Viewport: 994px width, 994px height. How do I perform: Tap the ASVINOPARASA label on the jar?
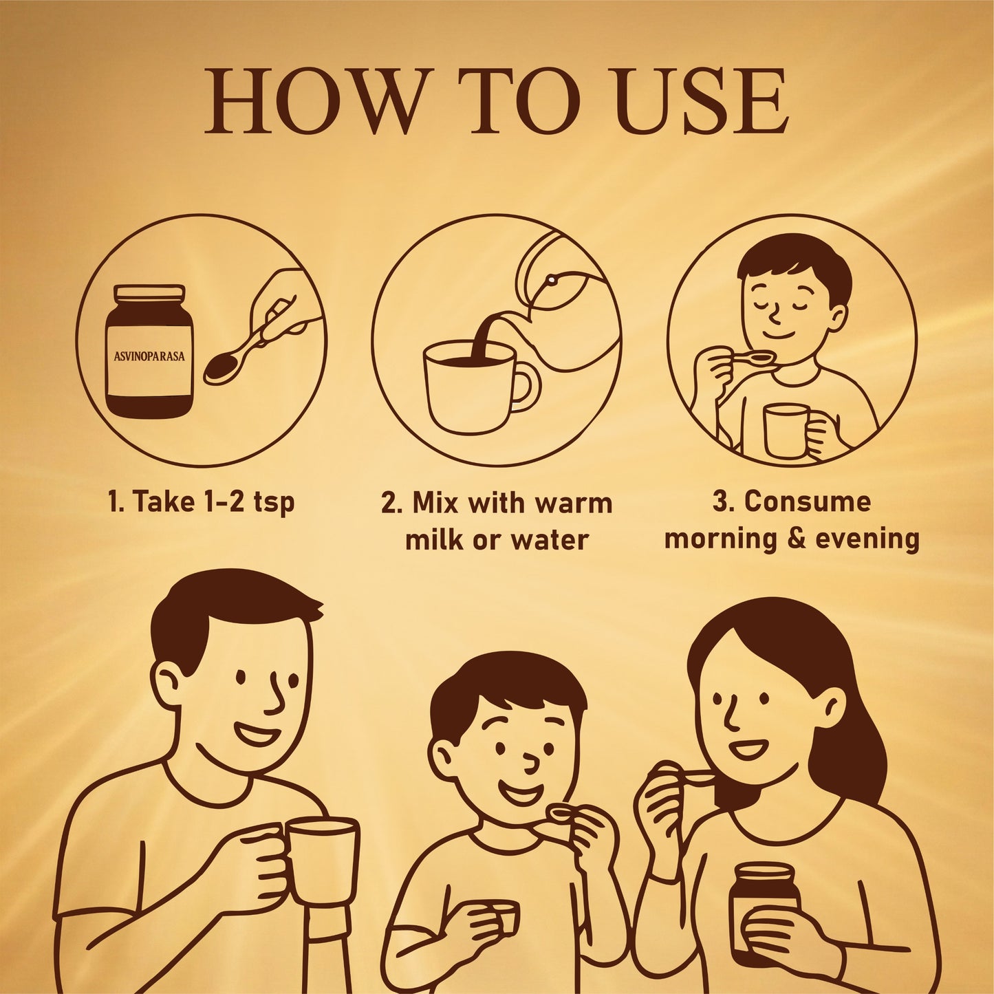(x=149, y=356)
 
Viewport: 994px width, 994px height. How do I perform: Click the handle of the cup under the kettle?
(x=526, y=389)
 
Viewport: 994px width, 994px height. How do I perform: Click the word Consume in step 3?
(x=808, y=502)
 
